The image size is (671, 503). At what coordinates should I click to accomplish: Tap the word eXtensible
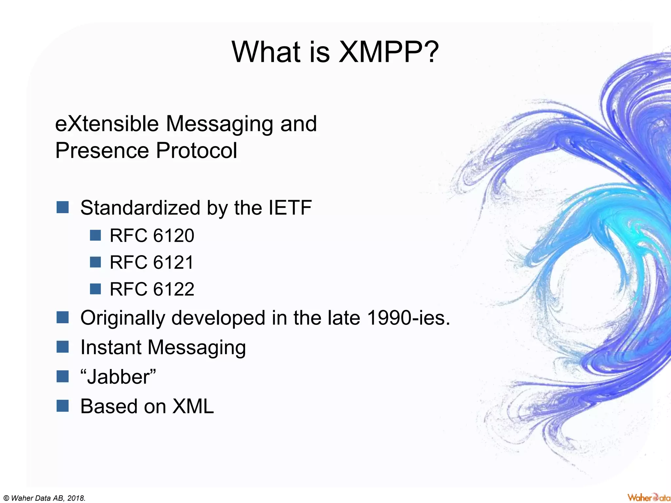click(107, 124)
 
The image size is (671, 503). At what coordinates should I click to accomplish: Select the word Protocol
click(196, 151)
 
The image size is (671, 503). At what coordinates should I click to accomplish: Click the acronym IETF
click(290, 208)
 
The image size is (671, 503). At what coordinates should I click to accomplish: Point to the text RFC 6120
click(152, 235)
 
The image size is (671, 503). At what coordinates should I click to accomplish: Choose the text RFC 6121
click(152, 262)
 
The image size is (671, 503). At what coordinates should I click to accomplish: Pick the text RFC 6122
click(152, 289)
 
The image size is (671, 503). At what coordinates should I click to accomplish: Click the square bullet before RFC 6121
click(95, 262)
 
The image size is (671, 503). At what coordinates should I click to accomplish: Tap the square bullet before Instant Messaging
click(62, 347)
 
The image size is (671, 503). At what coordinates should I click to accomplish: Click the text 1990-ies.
click(409, 318)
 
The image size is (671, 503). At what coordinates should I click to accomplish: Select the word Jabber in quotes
click(118, 377)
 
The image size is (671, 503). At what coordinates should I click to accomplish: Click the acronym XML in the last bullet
click(193, 406)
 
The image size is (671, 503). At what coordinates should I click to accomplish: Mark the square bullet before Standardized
click(62, 207)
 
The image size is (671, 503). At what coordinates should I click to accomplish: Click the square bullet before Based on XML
click(62, 406)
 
